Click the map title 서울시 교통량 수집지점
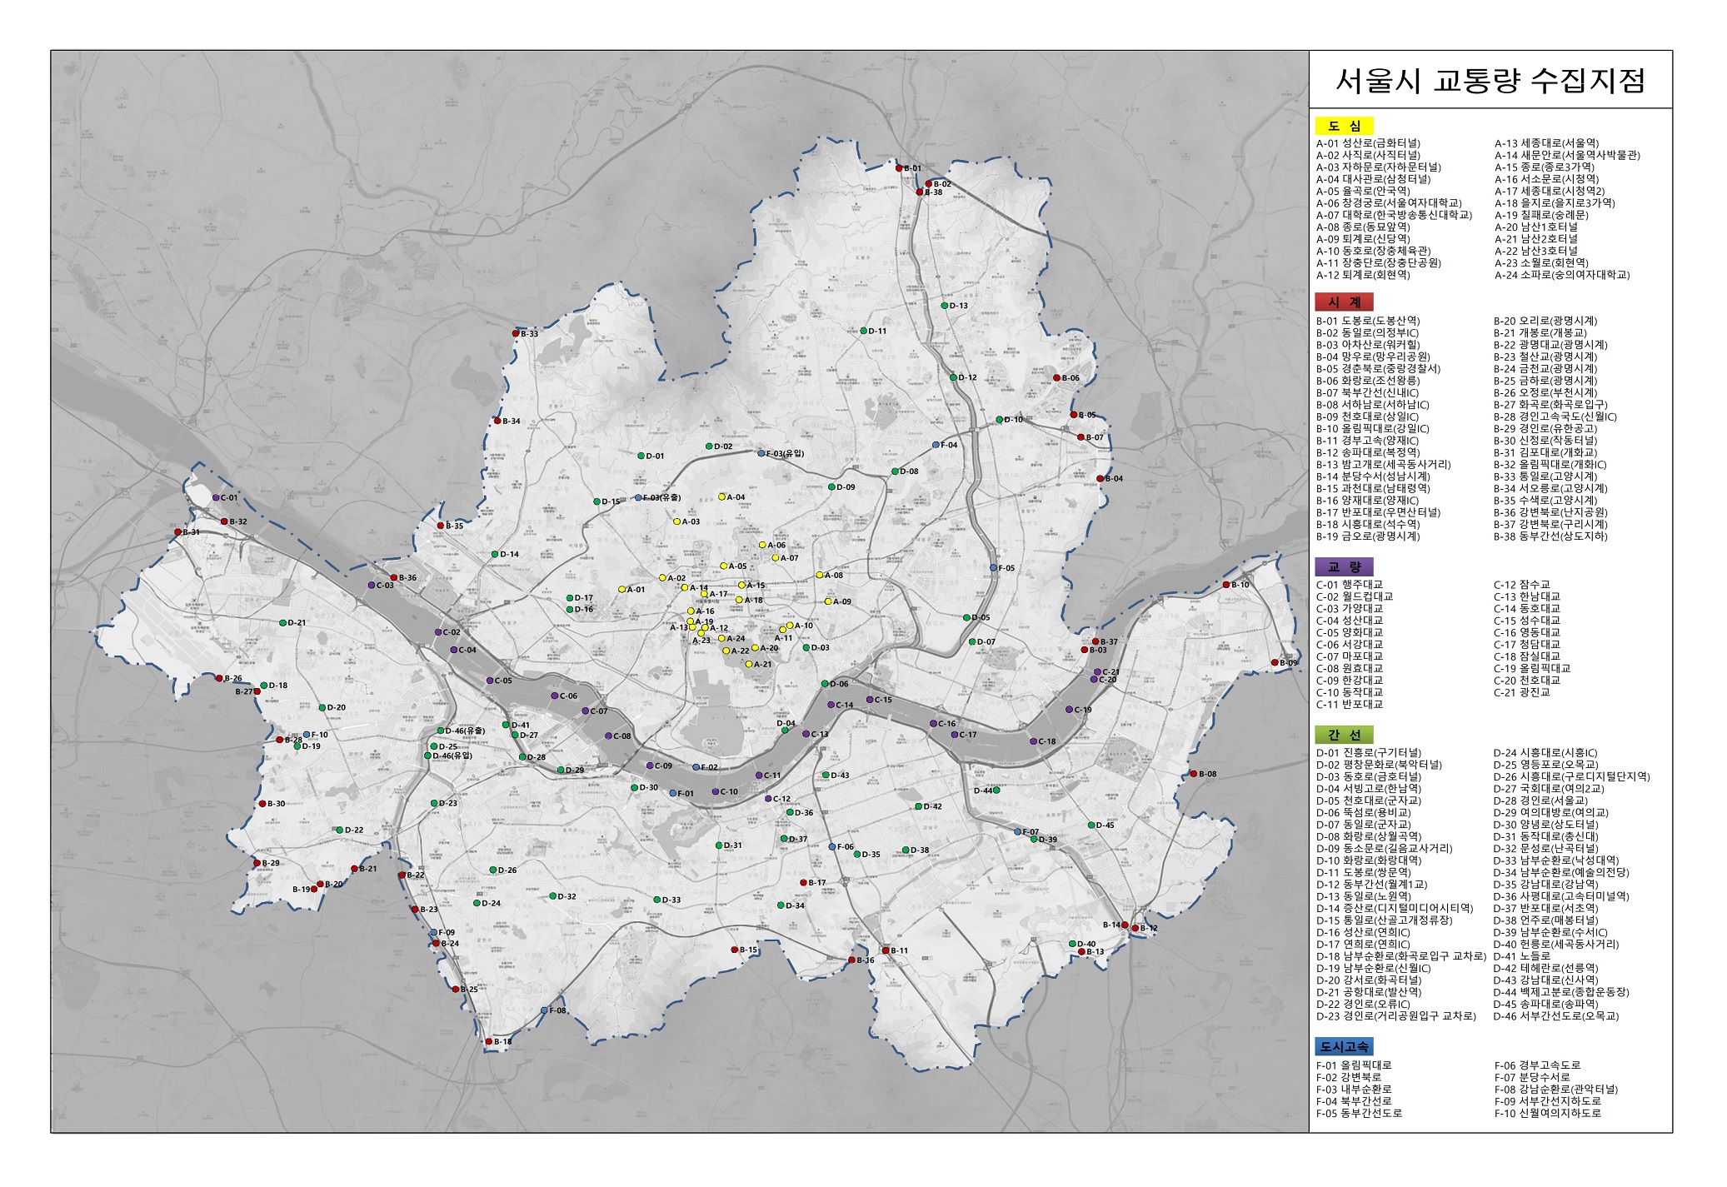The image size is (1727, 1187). [x=1490, y=81]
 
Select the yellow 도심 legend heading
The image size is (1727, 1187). [x=1343, y=126]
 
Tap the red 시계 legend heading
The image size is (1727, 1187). [x=1343, y=302]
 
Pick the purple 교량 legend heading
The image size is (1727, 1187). [x=1343, y=566]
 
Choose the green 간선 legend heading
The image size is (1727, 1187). [x=1343, y=735]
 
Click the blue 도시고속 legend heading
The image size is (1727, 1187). [x=1344, y=1047]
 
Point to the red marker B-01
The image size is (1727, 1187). [x=899, y=168]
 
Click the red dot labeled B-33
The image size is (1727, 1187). [x=516, y=333]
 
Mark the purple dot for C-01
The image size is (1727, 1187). [x=215, y=498]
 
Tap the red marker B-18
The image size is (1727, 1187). [x=489, y=1041]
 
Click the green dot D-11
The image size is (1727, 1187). [x=863, y=331]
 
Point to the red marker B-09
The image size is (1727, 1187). [x=1274, y=662]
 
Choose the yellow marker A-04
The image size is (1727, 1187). [x=721, y=496]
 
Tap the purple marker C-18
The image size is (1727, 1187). [x=1031, y=741]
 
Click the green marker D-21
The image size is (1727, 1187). [x=282, y=622]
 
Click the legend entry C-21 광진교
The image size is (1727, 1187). [x=1521, y=692]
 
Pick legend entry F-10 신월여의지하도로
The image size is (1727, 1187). [x=1547, y=1113]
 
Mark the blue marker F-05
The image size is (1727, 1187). [x=993, y=567]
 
